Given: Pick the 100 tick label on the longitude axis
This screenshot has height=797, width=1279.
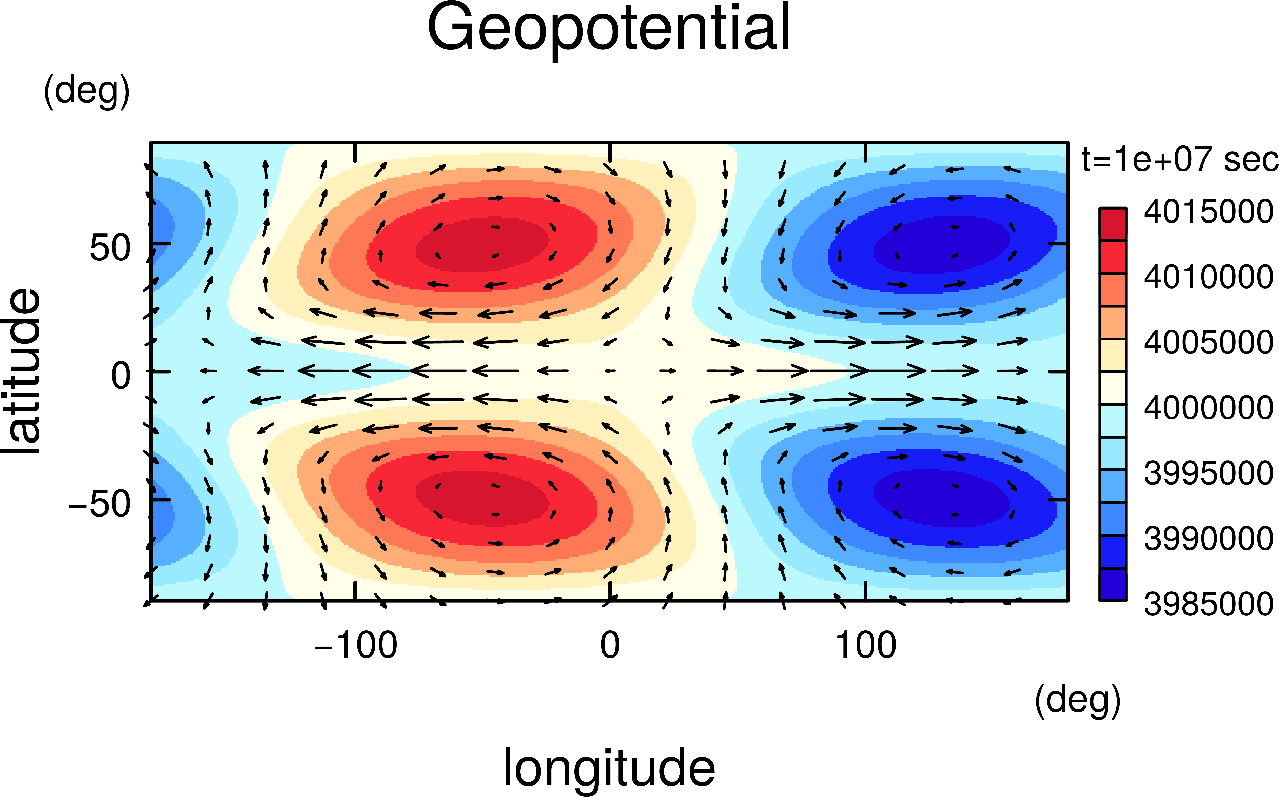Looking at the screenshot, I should pos(866,645).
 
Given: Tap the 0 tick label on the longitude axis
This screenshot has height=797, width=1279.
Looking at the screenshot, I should pos(610,645).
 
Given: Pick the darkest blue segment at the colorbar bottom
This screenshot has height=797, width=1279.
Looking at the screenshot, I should pos(1112,584).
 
